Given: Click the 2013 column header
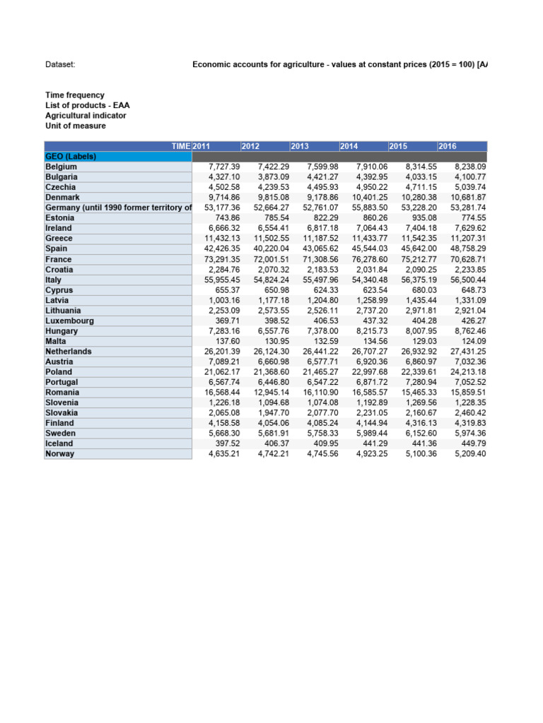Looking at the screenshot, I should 300,146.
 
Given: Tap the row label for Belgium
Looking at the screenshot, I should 62,167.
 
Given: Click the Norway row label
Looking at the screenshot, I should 59,454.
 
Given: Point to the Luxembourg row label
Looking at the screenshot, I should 69,321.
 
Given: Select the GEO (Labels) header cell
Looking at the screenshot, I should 71,156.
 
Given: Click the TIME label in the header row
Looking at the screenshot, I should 181,146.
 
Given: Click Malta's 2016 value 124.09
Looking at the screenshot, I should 470,341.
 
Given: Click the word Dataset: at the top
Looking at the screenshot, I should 60,65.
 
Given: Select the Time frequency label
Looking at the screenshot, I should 75,95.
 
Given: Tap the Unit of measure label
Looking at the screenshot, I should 76,126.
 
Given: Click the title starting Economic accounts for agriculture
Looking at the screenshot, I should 339,65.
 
